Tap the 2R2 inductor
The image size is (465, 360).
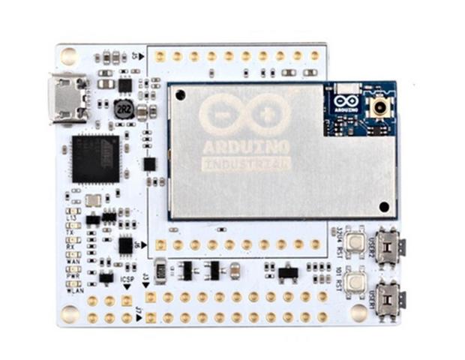pos(124,109)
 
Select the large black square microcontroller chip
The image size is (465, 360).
pos(96,158)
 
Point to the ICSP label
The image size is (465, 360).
pos(128,279)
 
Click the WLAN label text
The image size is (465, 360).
pos(76,291)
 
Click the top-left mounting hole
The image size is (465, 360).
pos(69,55)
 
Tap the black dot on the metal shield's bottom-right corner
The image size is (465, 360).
pos(384,205)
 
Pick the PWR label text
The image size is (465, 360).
pos(73,276)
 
